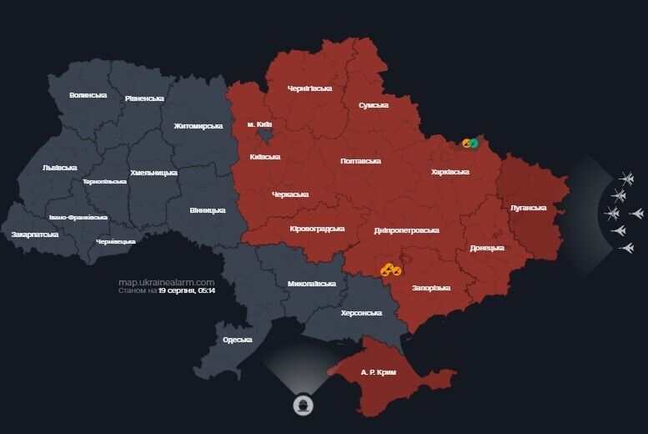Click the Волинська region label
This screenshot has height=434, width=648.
point(88,95)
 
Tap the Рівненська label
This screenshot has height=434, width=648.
point(144,98)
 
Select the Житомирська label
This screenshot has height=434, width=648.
point(198,126)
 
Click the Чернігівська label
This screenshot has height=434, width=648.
point(309,88)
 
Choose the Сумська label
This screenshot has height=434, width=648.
point(373,105)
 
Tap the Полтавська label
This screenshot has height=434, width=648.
point(361,160)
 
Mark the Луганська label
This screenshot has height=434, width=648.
point(528,208)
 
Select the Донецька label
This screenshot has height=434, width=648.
point(486,248)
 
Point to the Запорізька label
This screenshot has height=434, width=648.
point(431,288)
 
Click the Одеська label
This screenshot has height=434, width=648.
point(237,340)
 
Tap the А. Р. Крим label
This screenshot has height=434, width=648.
point(377,371)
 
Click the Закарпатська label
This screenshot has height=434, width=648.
point(35,235)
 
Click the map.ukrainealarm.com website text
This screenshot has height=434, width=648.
point(166,283)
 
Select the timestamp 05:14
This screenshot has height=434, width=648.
point(206,291)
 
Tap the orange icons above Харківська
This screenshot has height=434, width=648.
point(470,144)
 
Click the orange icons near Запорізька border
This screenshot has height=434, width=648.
point(390,270)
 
